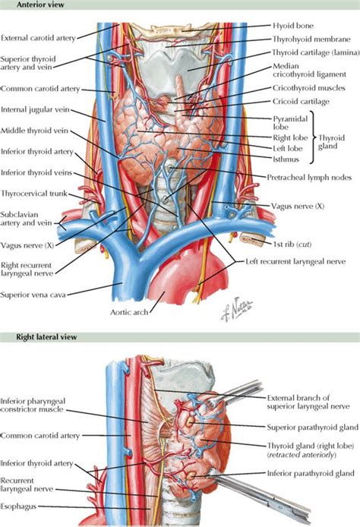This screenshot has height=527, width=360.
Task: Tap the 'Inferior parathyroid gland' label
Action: coord(310,474)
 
